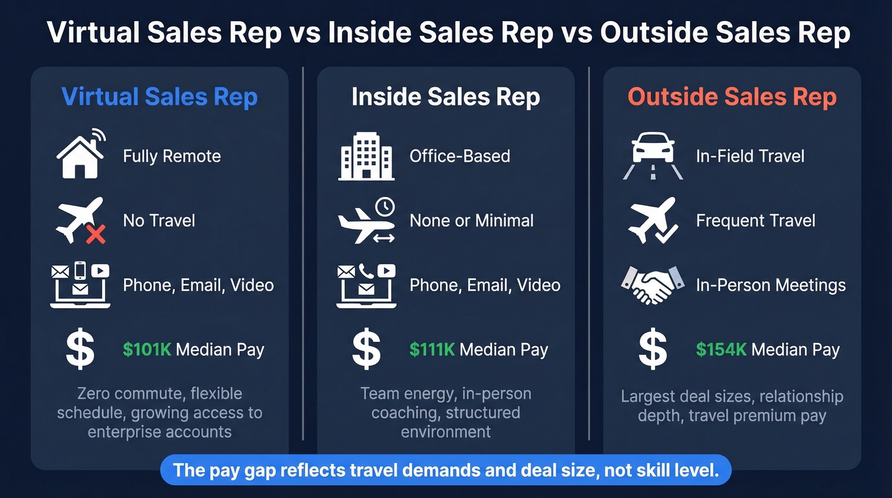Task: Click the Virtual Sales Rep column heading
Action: tap(159, 98)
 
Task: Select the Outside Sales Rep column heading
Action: tap(732, 98)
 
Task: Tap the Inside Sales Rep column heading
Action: tap(445, 98)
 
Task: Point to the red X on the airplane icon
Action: tap(96, 235)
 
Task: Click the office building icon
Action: tap(366, 156)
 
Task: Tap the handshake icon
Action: tap(652, 284)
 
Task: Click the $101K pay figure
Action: tap(147, 349)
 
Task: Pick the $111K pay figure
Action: tap(433, 349)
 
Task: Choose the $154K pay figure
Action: tap(721, 349)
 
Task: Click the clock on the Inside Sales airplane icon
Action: tap(384, 207)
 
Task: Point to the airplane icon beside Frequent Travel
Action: tap(652, 220)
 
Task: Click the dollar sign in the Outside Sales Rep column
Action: tap(652, 349)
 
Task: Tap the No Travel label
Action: tap(159, 221)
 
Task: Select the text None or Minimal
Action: tap(471, 221)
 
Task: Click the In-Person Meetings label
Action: tap(771, 285)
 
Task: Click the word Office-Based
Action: tap(459, 156)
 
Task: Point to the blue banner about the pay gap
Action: tap(445, 471)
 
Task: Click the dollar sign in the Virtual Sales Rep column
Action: tap(80, 349)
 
